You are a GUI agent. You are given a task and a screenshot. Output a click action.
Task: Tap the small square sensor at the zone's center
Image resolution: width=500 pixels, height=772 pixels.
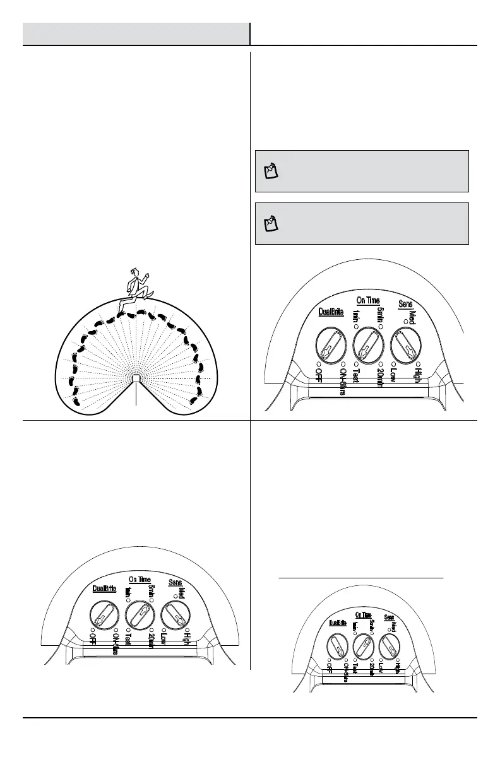[136, 378]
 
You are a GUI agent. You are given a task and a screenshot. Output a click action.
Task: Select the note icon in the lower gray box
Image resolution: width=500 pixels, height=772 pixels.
[271, 223]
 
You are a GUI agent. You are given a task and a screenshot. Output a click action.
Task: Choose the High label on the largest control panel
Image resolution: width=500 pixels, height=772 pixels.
[417, 377]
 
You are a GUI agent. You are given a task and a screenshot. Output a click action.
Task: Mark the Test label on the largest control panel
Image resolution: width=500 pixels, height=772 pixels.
[356, 378]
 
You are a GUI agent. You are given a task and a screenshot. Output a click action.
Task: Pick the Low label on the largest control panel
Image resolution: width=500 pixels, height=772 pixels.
[393, 377]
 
